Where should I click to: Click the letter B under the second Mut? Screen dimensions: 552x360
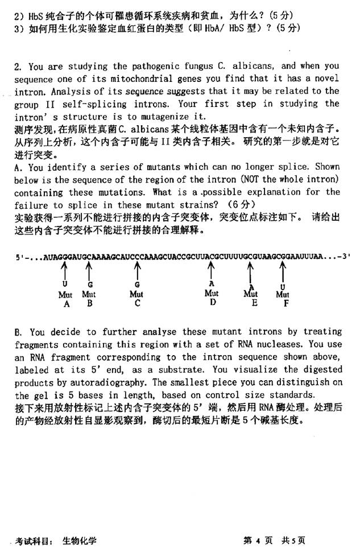click(89, 303)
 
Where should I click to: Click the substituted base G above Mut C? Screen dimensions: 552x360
click(137, 284)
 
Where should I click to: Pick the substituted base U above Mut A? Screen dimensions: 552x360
click(65, 283)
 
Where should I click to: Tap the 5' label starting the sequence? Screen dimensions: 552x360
click(20, 257)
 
